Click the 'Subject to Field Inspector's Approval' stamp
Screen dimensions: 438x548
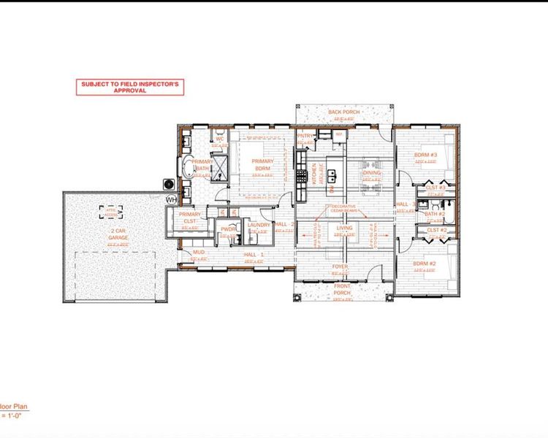pos(130,87)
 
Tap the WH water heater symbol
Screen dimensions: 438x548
pos(172,199)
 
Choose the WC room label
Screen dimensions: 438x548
pos(218,139)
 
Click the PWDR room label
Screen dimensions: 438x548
pos(229,228)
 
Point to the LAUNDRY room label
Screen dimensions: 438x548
pos(259,225)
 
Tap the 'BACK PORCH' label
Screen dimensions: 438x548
pos(341,112)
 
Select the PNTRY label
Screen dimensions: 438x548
pos(305,136)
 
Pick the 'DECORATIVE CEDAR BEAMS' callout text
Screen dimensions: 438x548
pos(345,208)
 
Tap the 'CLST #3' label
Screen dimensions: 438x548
pos(436,188)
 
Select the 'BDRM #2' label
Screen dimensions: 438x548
pos(425,264)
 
